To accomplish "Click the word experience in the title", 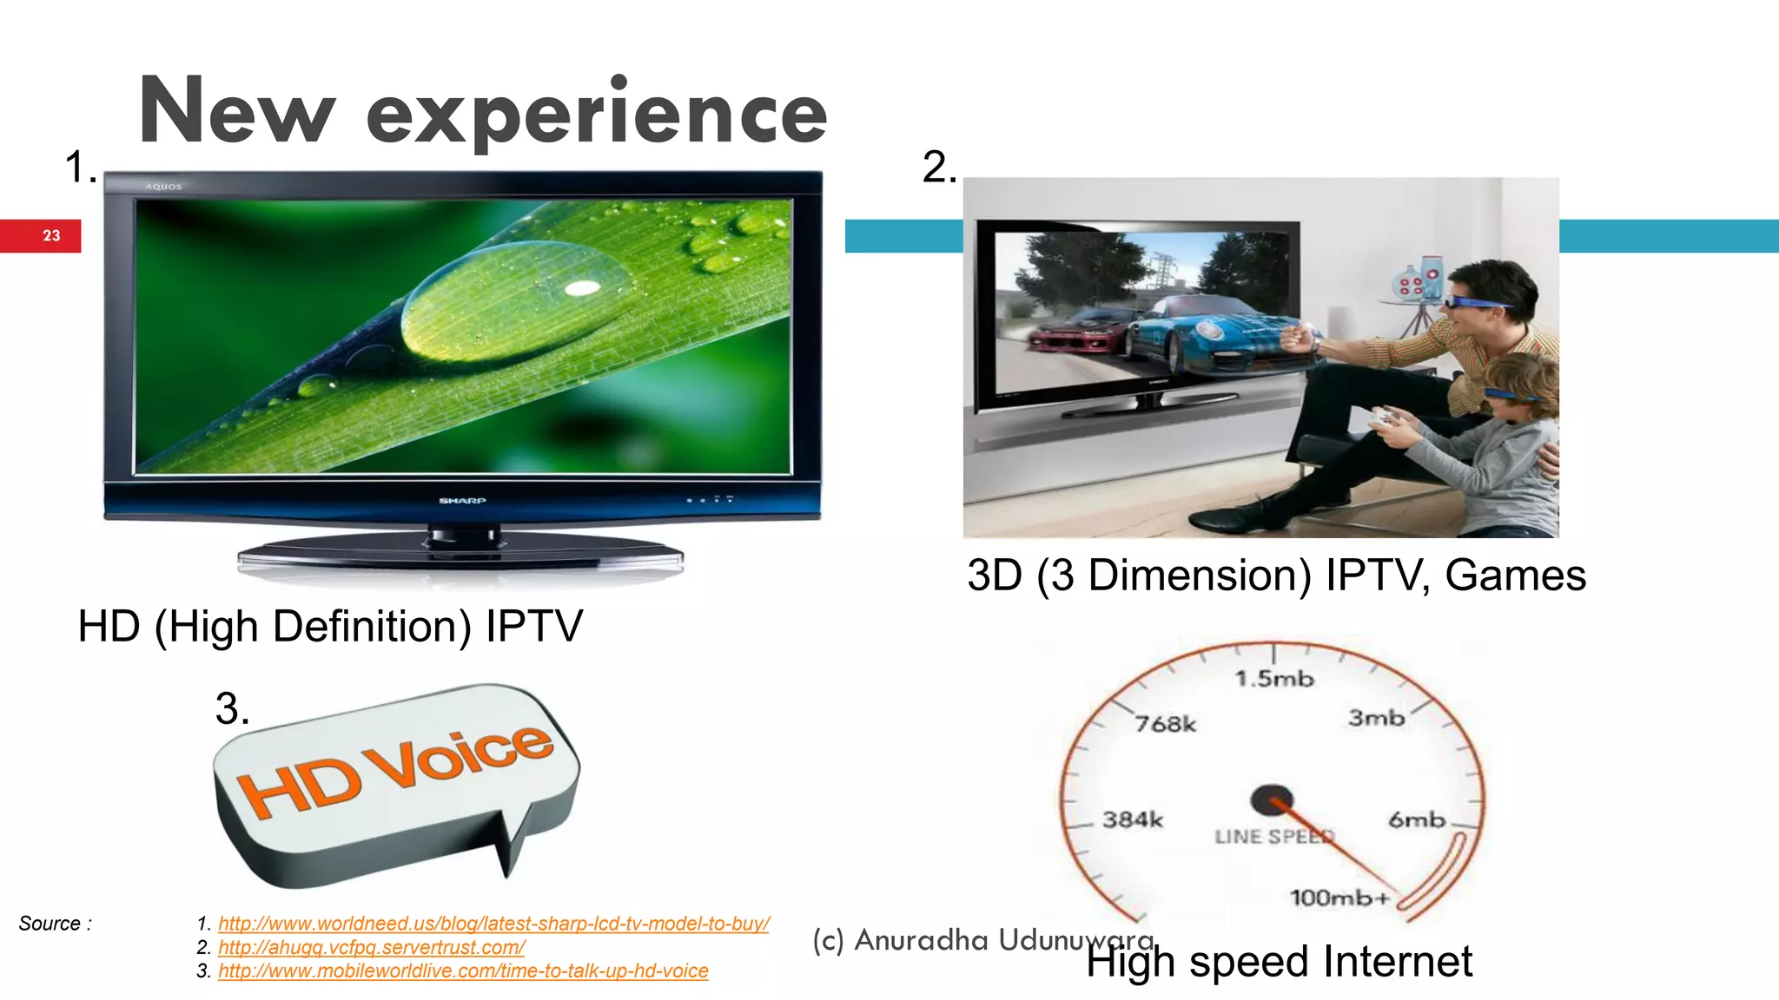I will (597, 114).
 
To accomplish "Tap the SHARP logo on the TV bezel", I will (462, 501).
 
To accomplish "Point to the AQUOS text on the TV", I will (163, 187).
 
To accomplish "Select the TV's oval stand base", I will (460, 556).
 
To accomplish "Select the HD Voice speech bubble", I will (395, 781).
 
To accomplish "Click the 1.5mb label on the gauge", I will (1274, 679).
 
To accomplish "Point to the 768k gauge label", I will (1165, 724).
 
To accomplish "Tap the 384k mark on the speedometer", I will (1132, 819).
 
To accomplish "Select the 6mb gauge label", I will (1416, 819).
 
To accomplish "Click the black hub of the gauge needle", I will (1271, 799).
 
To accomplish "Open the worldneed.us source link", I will (493, 924).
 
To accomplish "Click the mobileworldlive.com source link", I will (463, 970).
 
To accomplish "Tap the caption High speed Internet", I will (1279, 962).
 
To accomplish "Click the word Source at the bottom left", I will (50, 924).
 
